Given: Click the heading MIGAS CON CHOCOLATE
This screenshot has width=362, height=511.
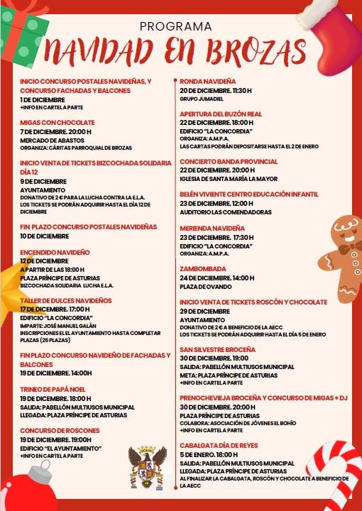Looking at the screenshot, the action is click(57, 122).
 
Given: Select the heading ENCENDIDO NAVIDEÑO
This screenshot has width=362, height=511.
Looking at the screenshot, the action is click(55, 252).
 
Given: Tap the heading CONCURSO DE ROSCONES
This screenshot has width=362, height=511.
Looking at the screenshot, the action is click(60, 430).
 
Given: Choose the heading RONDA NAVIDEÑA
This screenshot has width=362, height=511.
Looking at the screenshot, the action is click(208, 82).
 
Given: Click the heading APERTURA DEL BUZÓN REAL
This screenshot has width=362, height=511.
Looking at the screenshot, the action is click(221, 114).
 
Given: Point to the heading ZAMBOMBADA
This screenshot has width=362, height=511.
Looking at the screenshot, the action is click(203, 269).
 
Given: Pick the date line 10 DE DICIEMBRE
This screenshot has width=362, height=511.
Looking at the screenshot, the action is click(45, 236).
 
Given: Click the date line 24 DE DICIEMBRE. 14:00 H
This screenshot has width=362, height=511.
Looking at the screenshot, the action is click(216, 278).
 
